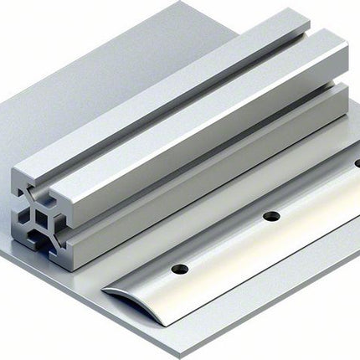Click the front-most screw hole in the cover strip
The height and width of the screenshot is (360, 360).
[x=178, y=270]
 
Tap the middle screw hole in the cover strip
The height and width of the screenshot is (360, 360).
[x=271, y=216]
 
